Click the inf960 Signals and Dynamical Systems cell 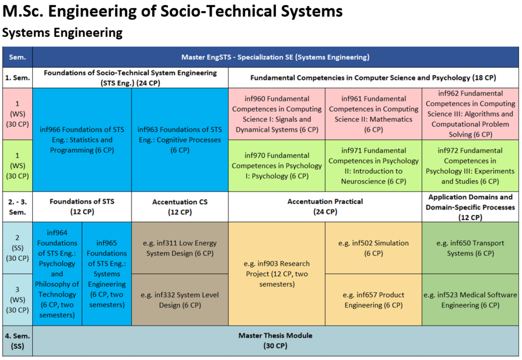(x=277, y=114)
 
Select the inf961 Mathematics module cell (x=373, y=114)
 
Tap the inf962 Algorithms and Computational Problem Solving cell (x=470, y=114)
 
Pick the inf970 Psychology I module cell (x=277, y=166)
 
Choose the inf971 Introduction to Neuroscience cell (x=373, y=166)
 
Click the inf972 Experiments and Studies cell (x=470, y=166)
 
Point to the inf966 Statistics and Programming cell (x=82, y=140)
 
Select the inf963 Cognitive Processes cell (x=180, y=140)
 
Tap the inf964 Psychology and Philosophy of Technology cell (x=57, y=274)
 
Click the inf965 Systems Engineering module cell (x=107, y=274)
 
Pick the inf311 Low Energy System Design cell (x=180, y=248)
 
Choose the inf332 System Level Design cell (x=180, y=300)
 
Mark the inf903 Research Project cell (x=277, y=274)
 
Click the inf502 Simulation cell (x=373, y=248)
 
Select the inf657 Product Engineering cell (x=373, y=300)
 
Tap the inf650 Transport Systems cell (x=470, y=248)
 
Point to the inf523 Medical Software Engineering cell (x=470, y=300)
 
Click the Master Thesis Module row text (x=275, y=341)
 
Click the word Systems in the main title (x=311, y=11)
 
